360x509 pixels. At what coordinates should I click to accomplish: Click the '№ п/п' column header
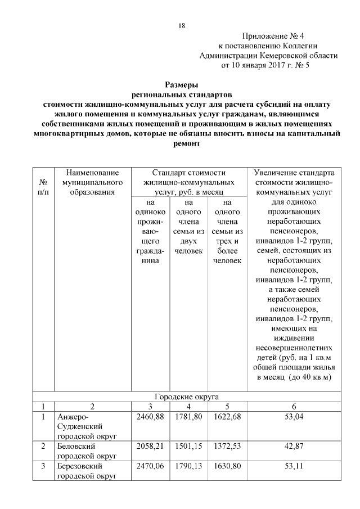point(43,187)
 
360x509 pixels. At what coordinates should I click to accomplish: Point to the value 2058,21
point(150,447)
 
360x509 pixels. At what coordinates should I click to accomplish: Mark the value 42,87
point(294,447)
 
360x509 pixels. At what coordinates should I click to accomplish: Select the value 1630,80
point(227,467)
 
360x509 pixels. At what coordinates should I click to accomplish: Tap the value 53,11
point(294,467)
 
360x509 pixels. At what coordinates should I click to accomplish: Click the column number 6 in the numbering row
point(294,406)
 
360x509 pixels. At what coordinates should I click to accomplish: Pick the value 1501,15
point(188,447)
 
